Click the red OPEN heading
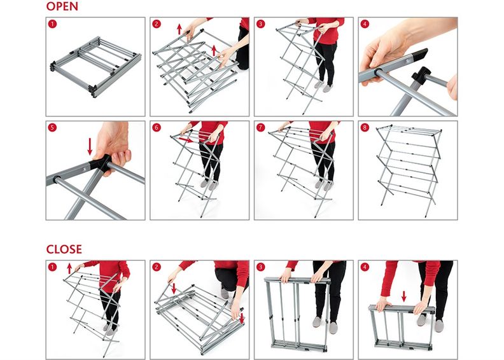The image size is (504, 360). [x=62, y=6]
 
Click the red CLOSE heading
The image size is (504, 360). [x=64, y=249]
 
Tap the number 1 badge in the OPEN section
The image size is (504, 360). [x=52, y=24]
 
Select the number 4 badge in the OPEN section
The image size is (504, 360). [x=365, y=24]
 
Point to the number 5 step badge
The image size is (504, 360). [x=52, y=127]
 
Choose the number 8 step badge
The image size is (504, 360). [x=365, y=127]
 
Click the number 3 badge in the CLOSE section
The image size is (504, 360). [x=261, y=267]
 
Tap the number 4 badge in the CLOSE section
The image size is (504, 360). [x=365, y=267]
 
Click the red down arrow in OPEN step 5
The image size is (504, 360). [x=90, y=146]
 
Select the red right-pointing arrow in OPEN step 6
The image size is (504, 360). [x=186, y=140]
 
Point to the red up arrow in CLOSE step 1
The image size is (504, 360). [x=69, y=268]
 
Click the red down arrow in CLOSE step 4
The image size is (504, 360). [x=404, y=296]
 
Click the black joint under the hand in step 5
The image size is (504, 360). [x=101, y=163]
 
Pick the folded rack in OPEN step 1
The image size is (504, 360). [x=95, y=67]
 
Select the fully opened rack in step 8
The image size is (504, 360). [x=409, y=169]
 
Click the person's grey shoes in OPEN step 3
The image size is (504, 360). [x=323, y=86]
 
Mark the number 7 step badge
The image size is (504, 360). [x=261, y=127]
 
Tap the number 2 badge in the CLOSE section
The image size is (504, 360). [x=157, y=267]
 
